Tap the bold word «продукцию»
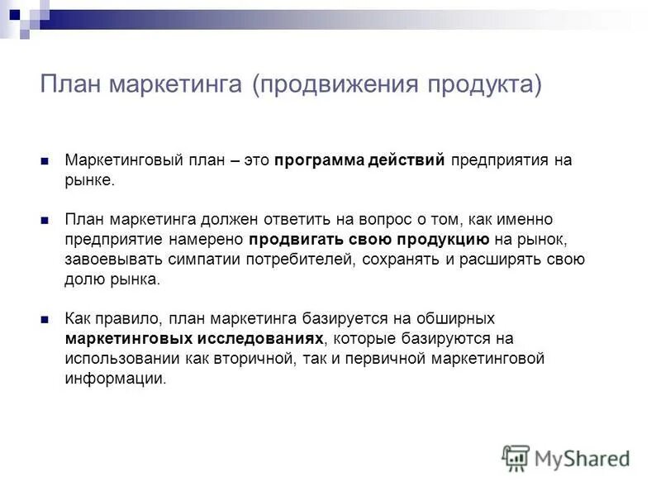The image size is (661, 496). [447, 240]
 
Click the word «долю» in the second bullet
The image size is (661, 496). [83, 279]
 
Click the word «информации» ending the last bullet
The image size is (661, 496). [115, 378]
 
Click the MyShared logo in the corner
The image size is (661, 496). [567, 457]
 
